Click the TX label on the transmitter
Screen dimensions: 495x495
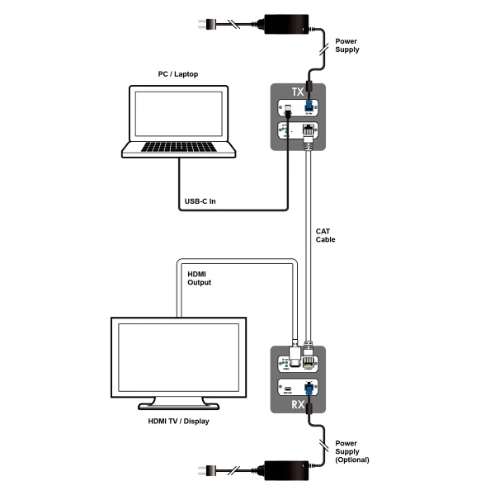point(299,92)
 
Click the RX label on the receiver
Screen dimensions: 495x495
point(299,404)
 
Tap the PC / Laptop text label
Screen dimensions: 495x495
point(178,74)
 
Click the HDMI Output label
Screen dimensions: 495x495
point(200,278)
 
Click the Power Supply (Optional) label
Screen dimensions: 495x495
point(352,453)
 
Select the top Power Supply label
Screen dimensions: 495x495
point(347,45)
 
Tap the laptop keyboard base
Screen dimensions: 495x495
point(178,149)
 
